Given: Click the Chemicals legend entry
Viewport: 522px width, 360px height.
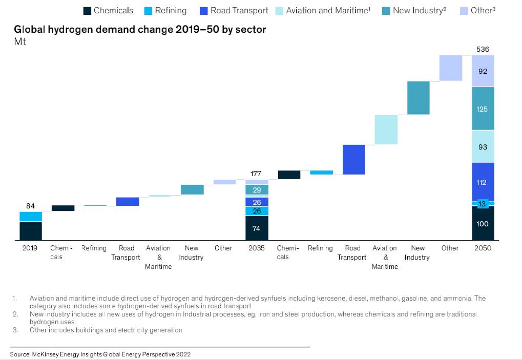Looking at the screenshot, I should [x=108, y=10].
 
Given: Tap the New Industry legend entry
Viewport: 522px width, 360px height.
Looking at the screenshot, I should [x=414, y=10].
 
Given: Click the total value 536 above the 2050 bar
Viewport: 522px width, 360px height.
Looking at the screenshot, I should [x=483, y=49].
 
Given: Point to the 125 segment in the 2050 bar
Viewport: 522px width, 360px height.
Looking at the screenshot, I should [x=483, y=109].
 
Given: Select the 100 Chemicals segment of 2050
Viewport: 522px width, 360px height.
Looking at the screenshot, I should [x=483, y=224].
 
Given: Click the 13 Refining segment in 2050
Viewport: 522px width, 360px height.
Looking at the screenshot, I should [x=483, y=204].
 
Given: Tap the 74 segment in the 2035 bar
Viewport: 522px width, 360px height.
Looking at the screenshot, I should [x=257, y=228].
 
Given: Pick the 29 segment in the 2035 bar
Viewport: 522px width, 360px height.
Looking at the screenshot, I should [x=257, y=190].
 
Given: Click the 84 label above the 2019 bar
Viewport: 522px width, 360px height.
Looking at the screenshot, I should [x=30, y=206].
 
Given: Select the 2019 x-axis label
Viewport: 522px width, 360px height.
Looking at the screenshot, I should [x=30, y=248].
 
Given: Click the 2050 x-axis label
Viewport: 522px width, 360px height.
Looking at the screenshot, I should [x=483, y=248].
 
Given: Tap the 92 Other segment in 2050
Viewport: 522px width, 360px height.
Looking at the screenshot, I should [x=483, y=71].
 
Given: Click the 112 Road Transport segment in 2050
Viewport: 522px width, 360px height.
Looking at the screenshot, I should [x=483, y=182].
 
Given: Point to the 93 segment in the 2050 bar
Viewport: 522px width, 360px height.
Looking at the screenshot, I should [x=483, y=147].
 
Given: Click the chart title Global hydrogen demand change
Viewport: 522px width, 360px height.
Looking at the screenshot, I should [x=140, y=29].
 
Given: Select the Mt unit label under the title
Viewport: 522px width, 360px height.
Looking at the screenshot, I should [x=20, y=41].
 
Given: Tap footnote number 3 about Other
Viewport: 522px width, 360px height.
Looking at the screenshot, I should [x=15, y=330].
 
